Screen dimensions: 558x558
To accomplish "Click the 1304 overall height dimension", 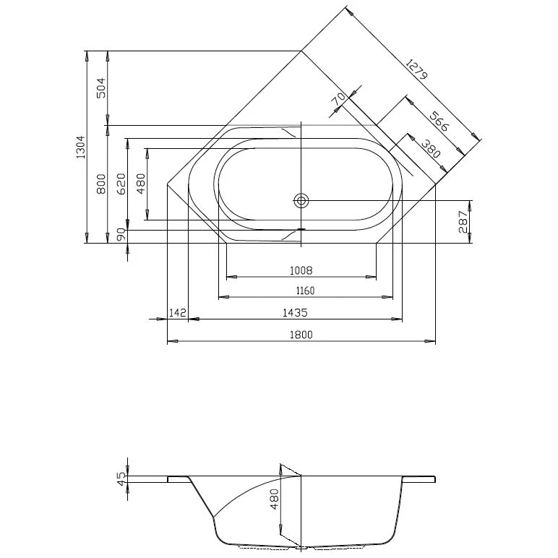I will (81, 147).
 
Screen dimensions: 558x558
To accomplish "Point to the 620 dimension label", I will (121, 184).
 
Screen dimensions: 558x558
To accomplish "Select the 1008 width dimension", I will (301, 270).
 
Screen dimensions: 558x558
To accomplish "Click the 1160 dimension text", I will (304, 291).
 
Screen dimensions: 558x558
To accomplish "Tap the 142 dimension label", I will (177, 312).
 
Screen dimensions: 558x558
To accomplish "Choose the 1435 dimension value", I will (295, 312).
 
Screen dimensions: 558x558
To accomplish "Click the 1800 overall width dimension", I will (301, 334).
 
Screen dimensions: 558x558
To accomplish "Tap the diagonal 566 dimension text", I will (439, 121).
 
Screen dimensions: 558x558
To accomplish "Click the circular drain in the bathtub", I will (301, 200).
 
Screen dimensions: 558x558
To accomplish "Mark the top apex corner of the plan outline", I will (301, 51).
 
